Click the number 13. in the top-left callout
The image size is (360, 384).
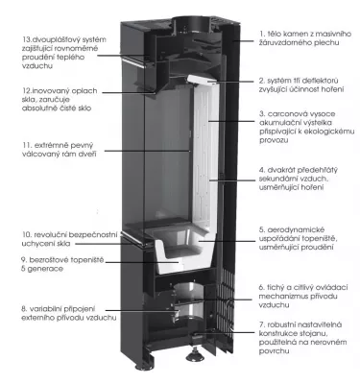[x=27, y=39]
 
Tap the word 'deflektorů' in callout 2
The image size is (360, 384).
[x=321, y=81]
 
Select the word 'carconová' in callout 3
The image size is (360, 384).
[x=283, y=114]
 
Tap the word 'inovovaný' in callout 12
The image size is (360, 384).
[x=49, y=91]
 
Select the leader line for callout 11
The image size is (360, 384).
[x=147, y=151]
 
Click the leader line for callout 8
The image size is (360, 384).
[x=140, y=310]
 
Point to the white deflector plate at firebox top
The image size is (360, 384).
[x=202, y=80]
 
